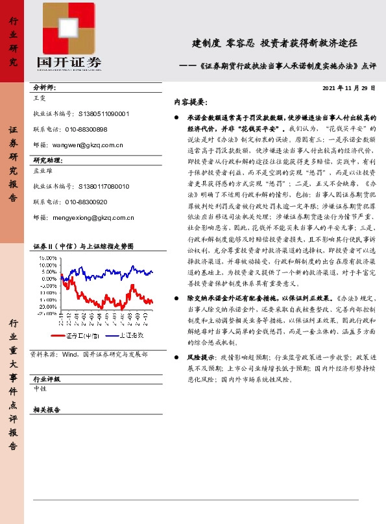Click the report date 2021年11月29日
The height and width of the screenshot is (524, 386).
point(348,88)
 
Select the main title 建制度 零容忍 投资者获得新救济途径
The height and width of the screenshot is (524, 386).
point(275,44)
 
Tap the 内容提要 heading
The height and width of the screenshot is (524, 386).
point(190,102)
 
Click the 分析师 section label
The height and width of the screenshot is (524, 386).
point(44,87)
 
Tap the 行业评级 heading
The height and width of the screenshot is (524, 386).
point(46,378)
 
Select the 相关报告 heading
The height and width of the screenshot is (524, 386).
point(46,410)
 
